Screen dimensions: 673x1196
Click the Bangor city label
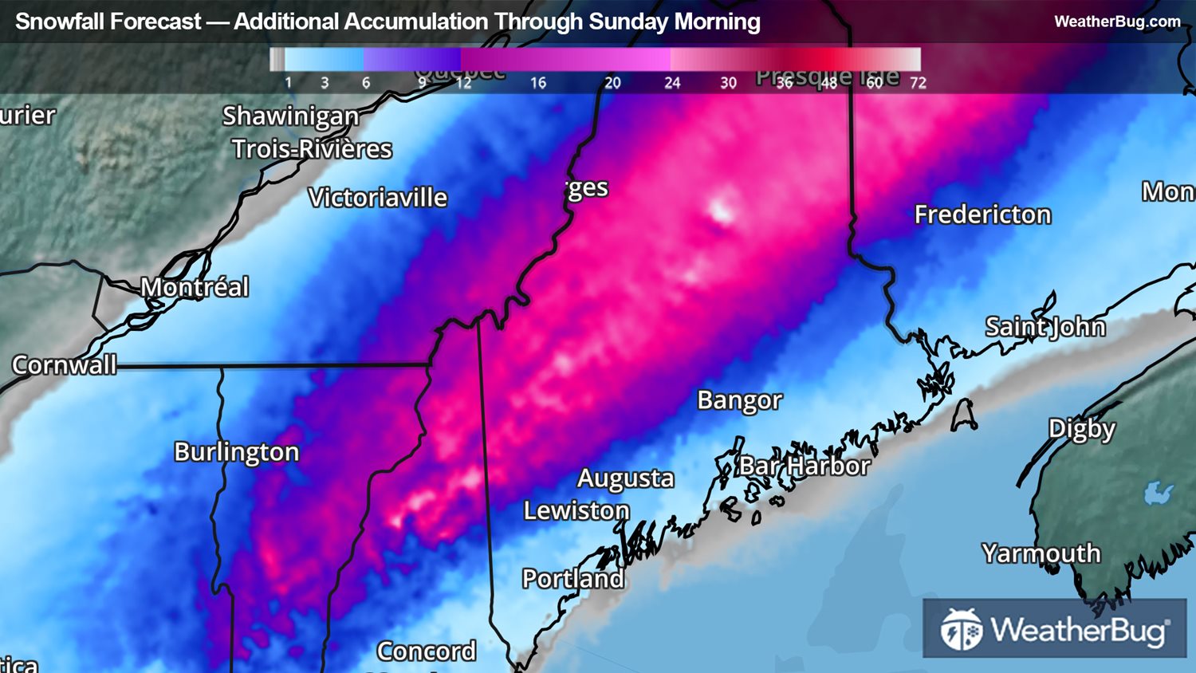[739, 400]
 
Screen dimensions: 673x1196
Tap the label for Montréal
[195, 287]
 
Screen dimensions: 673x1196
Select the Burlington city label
[237, 452]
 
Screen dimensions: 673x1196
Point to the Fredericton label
[982, 214]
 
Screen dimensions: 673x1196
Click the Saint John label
[1045, 327]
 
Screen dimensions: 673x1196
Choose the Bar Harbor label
[805, 466]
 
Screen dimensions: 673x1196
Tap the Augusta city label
[626, 478]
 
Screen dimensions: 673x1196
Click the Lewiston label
[576, 510]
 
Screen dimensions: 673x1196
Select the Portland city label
[573, 579]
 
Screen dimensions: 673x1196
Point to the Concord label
[427, 651]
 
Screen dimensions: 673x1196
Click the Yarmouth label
[1041, 553]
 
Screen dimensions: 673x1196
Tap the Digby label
[1082, 429]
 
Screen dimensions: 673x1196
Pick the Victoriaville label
[378, 198]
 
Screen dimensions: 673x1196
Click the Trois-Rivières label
[312, 149]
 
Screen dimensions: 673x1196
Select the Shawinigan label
[290, 116]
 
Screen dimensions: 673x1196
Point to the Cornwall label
[65, 365]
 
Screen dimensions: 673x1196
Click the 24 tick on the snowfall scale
[672, 83]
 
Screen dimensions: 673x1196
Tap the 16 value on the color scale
[538, 83]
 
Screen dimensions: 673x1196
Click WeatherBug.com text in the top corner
[1117, 22]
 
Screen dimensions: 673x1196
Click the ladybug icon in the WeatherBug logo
[962, 630]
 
